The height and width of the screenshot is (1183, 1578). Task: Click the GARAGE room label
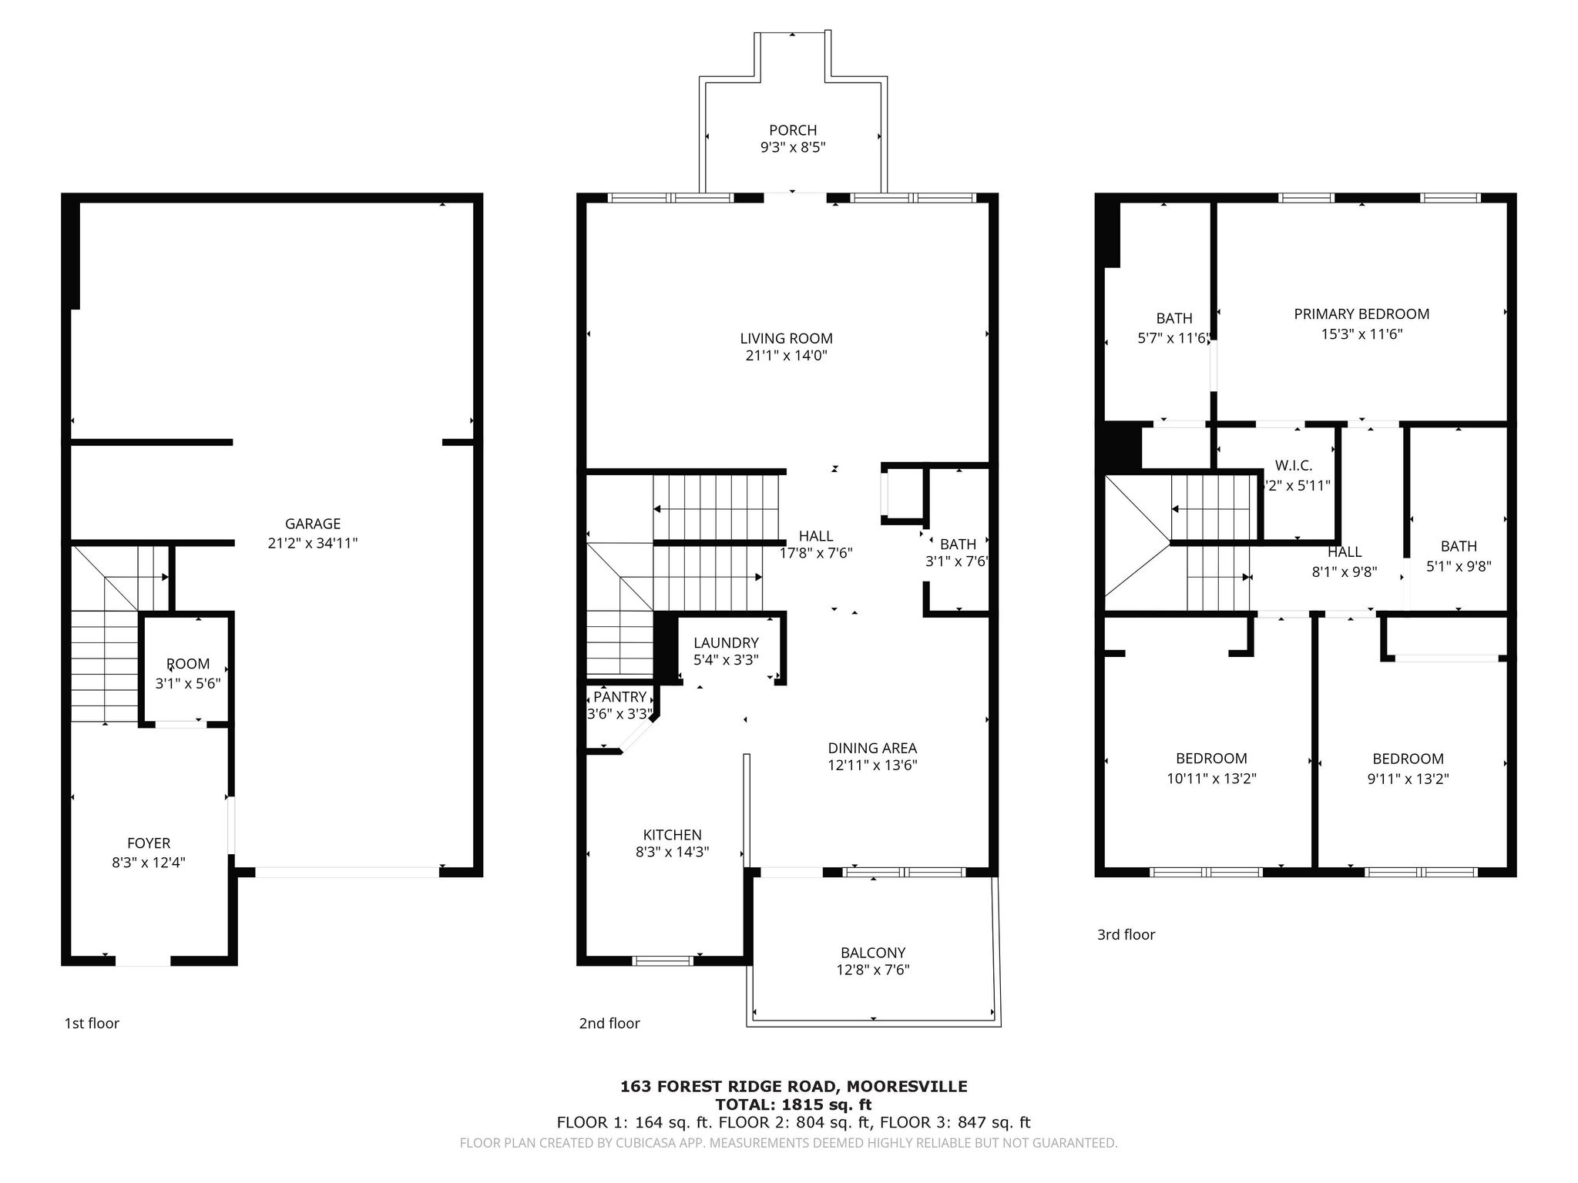point(313,524)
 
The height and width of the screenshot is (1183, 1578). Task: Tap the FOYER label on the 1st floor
point(149,843)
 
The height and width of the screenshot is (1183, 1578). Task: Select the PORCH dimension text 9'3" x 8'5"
point(793,147)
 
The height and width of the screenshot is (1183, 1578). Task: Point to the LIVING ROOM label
point(786,338)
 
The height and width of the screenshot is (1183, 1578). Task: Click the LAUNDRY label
point(726,642)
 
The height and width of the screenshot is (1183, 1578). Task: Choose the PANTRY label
point(619,697)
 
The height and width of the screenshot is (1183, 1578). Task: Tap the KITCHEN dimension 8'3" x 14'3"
point(673,852)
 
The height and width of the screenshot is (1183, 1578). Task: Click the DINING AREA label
point(872,748)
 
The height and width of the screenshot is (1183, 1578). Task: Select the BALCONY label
point(873,953)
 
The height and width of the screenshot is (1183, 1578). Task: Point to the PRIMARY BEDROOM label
point(1361,313)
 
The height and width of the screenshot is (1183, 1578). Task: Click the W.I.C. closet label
point(1294,465)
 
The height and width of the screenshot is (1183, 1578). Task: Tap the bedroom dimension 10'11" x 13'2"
point(1211,779)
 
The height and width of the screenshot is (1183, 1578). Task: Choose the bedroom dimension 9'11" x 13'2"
point(1408,779)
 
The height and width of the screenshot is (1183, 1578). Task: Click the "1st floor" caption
point(92,1023)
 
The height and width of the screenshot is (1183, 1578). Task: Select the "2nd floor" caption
point(609,1023)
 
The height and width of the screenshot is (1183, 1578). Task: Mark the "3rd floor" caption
point(1126,934)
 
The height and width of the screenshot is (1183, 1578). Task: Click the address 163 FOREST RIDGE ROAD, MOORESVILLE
point(794,1087)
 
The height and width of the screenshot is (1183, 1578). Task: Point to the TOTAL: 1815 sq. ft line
point(794,1104)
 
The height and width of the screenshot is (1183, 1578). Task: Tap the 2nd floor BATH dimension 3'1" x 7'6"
point(957,561)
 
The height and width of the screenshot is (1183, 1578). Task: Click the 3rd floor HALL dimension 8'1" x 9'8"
point(1345,572)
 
